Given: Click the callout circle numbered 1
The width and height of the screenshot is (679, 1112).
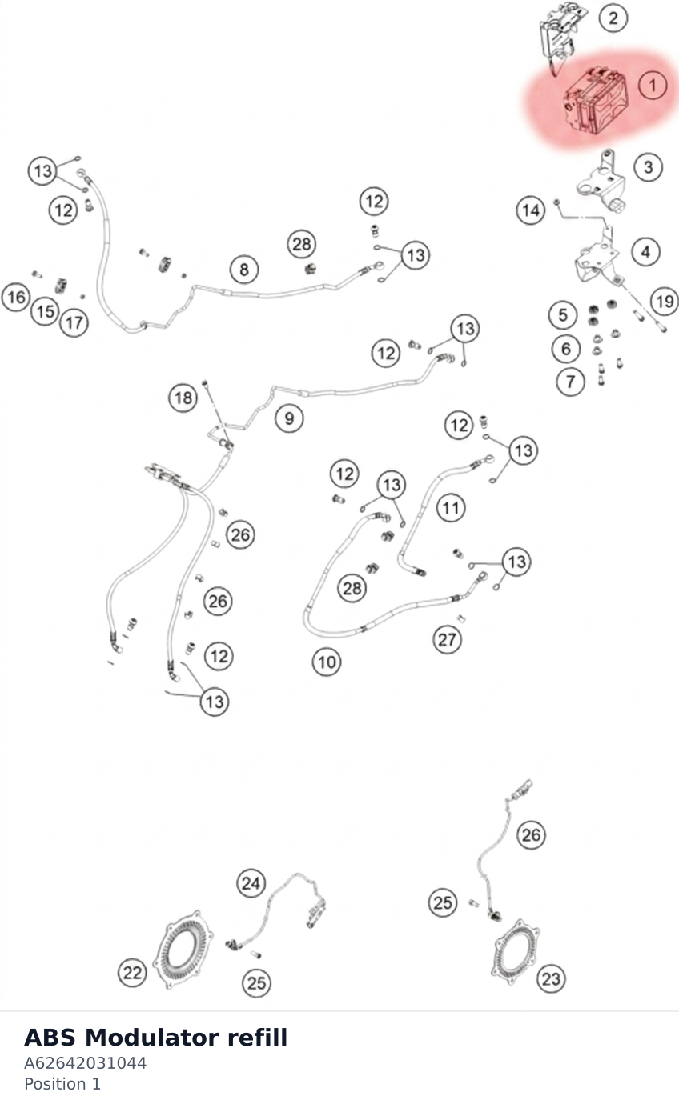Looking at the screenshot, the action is [653, 86].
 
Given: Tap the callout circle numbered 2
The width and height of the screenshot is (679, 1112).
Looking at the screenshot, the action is [613, 18].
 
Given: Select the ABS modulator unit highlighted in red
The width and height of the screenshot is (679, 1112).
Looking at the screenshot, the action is [595, 102].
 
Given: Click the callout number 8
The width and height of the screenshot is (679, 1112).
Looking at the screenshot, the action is [244, 270].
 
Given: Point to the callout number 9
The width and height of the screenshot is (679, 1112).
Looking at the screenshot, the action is [289, 418].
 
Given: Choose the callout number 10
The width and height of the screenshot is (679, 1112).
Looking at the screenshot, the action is [327, 662].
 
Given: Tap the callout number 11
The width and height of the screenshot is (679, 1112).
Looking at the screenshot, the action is [451, 508].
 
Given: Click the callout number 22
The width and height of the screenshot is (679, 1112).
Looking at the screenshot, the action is [132, 973].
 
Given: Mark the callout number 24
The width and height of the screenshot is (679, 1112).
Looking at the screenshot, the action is [251, 883].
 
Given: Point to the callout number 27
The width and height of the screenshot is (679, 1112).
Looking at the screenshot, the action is [447, 639].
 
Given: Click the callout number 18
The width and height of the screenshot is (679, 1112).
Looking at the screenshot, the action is [183, 398].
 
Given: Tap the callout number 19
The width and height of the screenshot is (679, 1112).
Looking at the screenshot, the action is [665, 301].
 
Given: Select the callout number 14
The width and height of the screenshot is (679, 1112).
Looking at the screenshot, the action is [531, 210].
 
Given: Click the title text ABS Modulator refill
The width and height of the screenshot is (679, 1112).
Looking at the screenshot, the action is [155, 1038].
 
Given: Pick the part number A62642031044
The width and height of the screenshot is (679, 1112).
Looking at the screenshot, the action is [85, 1063].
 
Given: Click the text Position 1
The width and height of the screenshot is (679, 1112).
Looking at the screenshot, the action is [62, 1084].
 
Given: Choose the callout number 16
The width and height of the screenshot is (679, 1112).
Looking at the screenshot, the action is [16, 298].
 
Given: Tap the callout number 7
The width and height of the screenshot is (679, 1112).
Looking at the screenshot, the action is [570, 382].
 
